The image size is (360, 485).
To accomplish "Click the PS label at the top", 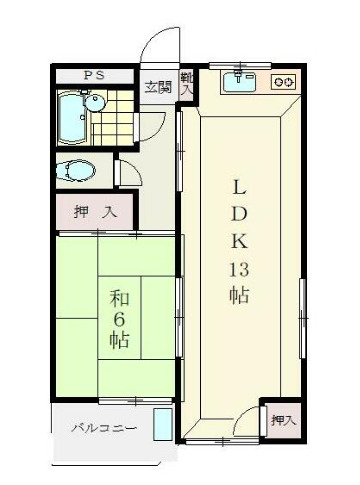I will click(93, 76).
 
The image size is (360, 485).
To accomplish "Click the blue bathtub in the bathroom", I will click(76, 116).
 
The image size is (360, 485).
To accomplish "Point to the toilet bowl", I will click(78, 170).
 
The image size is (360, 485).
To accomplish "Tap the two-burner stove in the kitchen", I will click(284, 82).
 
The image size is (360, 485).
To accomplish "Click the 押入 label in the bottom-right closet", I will click(283, 421).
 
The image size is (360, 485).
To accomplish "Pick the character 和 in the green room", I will click(118, 297).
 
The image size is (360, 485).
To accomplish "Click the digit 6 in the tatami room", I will click(118, 317).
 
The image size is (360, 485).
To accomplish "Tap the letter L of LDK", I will click(240, 185).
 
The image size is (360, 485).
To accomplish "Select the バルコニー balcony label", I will click(103, 428).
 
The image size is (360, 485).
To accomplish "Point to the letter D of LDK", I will click(240, 213).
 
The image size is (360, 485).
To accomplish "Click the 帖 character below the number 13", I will click(240, 296).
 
